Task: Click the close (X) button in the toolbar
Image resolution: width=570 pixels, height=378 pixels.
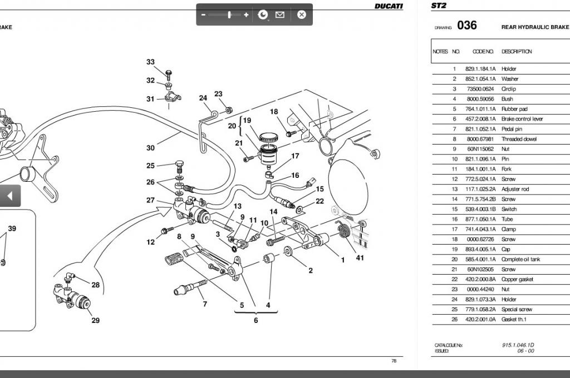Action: [301, 14]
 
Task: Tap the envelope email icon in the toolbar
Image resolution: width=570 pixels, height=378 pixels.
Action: [280, 14]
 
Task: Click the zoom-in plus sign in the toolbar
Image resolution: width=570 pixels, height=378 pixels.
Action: [246, 14]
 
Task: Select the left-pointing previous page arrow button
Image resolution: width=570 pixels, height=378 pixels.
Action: [10, 196]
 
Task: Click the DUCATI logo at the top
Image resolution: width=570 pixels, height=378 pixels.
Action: [389, 6]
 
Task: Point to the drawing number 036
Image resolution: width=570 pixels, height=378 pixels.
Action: [467, 26]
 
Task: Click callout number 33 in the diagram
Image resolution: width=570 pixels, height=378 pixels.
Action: [150, 62]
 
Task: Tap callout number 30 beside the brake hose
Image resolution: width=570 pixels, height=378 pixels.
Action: [150, 148]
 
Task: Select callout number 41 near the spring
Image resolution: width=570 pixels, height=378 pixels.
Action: [360, 258]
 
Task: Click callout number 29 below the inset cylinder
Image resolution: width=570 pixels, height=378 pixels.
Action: [96, 320]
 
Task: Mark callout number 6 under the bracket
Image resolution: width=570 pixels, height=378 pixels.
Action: [256, 320]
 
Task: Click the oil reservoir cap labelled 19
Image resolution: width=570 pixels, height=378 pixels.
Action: [268, 137]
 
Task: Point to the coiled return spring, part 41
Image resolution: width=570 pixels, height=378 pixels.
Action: [343, 230]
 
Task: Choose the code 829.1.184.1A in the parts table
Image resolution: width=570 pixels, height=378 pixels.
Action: [480, 68]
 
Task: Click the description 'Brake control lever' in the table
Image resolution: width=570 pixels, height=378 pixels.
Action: [522, 119]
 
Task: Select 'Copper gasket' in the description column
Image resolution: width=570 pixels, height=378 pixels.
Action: [517, 279]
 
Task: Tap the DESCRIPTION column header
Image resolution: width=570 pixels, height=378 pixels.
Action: [517, 52]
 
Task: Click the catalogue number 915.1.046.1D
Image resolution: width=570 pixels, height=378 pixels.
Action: [518, 345]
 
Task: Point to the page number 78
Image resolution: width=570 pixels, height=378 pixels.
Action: [394, 361]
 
